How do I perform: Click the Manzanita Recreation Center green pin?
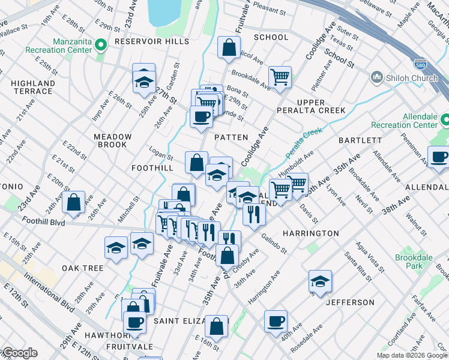tap(101, 44)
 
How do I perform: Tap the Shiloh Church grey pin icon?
tap(377, 77)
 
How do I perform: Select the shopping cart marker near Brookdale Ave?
tap(280, 77)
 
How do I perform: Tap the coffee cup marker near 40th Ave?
tap(276, 321)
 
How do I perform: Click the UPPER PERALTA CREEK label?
tap(311, 106)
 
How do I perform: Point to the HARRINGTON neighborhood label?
tap(310, 233)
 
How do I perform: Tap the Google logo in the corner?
tap(19, 353)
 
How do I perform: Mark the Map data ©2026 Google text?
tap(411, 355)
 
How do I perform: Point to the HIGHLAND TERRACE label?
tap(32, 87)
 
